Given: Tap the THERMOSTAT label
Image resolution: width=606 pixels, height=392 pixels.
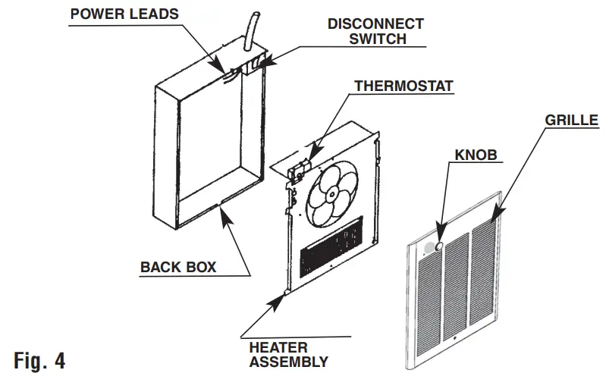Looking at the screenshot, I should click(403, 86).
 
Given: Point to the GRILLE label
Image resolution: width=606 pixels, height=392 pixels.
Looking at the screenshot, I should click(571, 120).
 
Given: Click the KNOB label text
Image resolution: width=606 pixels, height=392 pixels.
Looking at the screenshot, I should click(476, 155).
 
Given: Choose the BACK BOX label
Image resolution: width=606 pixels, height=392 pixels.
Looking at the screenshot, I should click(178, 267).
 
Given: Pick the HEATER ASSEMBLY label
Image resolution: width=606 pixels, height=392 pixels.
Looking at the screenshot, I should click(288, 354).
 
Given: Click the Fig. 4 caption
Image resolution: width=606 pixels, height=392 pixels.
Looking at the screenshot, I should click(39, 360).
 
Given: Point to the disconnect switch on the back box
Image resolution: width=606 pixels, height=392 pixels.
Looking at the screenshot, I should click(256, 62).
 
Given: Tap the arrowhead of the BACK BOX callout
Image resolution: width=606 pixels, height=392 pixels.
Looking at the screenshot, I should click(220, 206).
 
